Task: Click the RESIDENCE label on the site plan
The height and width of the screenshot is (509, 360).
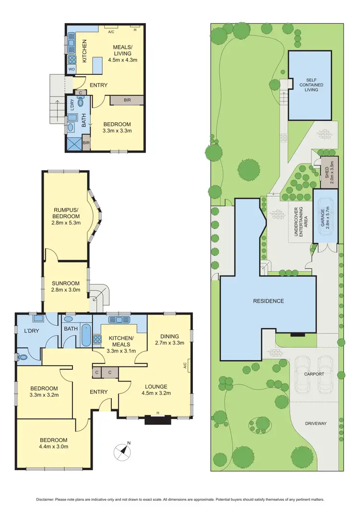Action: point(269,301)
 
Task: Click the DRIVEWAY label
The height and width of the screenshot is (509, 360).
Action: point(315,423)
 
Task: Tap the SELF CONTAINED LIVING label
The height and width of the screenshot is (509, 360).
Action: point(310,85)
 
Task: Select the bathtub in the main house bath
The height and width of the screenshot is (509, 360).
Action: point(85,336)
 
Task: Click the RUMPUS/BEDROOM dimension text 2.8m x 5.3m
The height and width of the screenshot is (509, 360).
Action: point(66,223)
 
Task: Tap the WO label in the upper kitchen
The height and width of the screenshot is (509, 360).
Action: point(71,69)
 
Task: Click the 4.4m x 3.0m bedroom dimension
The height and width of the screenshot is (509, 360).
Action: point(53,447)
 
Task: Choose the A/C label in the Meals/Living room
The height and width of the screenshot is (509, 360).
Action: point(111,32)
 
